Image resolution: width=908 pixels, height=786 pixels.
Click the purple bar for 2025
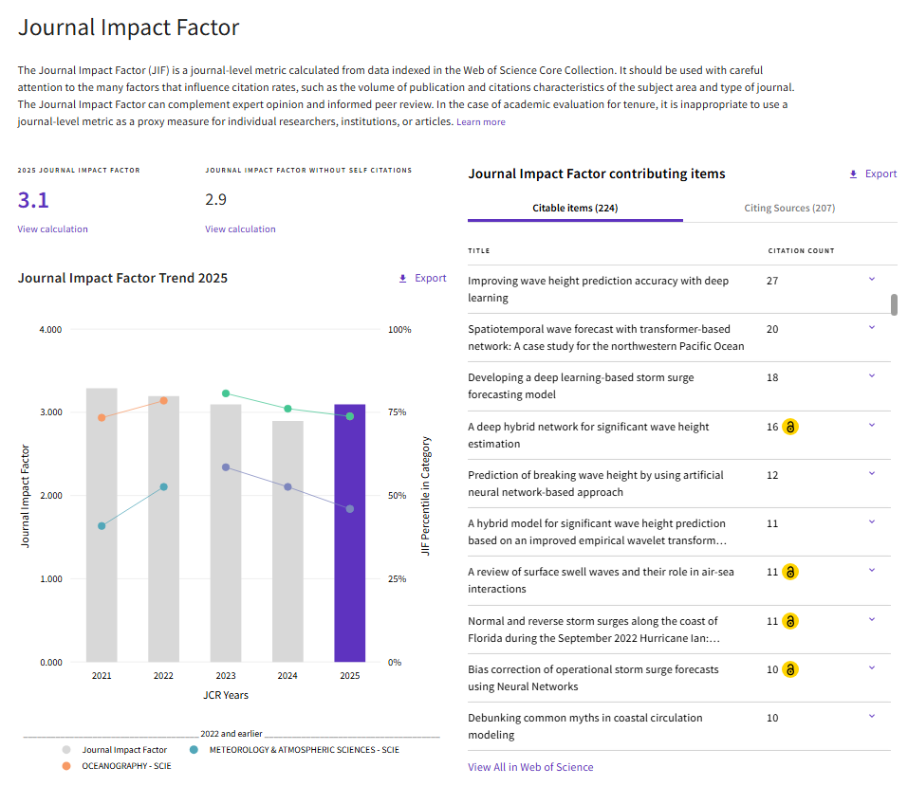(x=350, y=533)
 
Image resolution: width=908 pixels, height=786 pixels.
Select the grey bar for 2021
(x=102, y=524)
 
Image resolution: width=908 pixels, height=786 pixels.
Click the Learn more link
(x=481, y=122)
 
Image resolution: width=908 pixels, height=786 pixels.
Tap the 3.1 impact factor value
(x=33, y=200)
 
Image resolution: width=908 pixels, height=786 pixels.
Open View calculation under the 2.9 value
(x=240, y=229)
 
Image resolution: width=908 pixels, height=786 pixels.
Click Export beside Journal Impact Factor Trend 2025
(x=423, y=278)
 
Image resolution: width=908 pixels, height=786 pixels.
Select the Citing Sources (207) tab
(x=789, y=208)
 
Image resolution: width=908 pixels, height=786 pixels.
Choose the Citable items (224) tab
(x=575, y=208)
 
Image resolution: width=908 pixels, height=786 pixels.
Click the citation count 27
(x=772, y=281)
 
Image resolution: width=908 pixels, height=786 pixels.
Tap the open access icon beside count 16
(x=789, y=427)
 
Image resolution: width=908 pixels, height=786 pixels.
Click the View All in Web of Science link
(x=530, y=767)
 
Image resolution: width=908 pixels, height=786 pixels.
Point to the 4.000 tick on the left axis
(x=50, y=329)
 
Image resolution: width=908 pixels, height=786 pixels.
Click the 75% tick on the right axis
(x=398, y=412)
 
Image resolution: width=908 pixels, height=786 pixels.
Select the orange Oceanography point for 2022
(x=164, y=400)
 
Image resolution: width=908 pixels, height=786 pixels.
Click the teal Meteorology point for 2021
(x=102, y=526)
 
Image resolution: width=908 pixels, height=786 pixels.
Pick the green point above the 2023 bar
(x=226, y=393)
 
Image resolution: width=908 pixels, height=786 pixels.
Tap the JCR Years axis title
(x=226, y=695)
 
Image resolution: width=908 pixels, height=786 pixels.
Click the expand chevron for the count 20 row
(x=872, y=328)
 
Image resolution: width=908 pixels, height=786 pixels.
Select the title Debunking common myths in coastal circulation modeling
(x=584, y=726)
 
